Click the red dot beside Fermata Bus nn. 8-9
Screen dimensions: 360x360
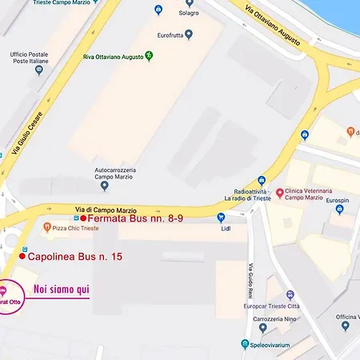click(x=83, y=218)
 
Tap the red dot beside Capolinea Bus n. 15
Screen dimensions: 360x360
click(x=22, y=256)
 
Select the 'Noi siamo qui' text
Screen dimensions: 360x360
click(x=61, y=289)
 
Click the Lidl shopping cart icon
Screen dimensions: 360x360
click(x=221, y=217)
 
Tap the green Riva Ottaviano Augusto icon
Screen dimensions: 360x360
click(x=148, y=57)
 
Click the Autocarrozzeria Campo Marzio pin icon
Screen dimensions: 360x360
click(x=104, y=186)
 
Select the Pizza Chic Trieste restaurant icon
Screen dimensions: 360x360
click(x=47, y=227)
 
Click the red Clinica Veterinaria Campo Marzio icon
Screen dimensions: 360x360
click(x=279, y=193)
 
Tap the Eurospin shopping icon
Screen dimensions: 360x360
click(x=339, y=210)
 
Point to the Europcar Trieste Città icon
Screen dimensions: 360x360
click(x=290, y=295)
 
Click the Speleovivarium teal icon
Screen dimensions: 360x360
click(x=245, y=344)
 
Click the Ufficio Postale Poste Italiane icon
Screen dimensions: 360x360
click(x=38, y=70)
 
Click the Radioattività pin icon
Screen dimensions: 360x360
click(x=261, y=181)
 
